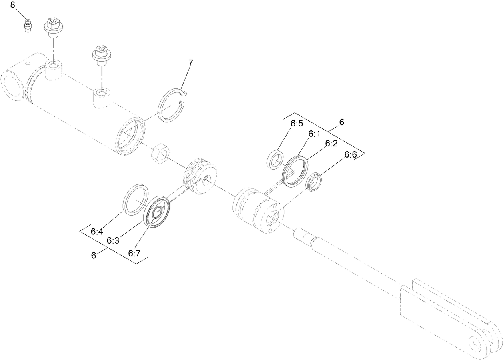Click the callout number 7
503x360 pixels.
(x=190, y=63)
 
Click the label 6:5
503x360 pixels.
(x=297, y=124)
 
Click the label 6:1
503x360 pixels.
(x=314, y=134)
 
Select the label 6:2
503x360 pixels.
(x=331, y=144)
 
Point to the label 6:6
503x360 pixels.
(x=351, y=155)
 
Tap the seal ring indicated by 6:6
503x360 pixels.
(x=314, y=182)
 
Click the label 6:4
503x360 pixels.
(x=97, y=232)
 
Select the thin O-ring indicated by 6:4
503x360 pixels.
(x=135, y=198)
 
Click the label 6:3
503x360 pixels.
(x=113, y=241)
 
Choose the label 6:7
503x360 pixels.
(x=134, y=253)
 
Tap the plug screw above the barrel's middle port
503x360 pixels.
(x=101, y=55)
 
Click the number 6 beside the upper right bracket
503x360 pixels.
(x=341, y=122)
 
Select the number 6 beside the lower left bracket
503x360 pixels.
(x=94, y=256)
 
